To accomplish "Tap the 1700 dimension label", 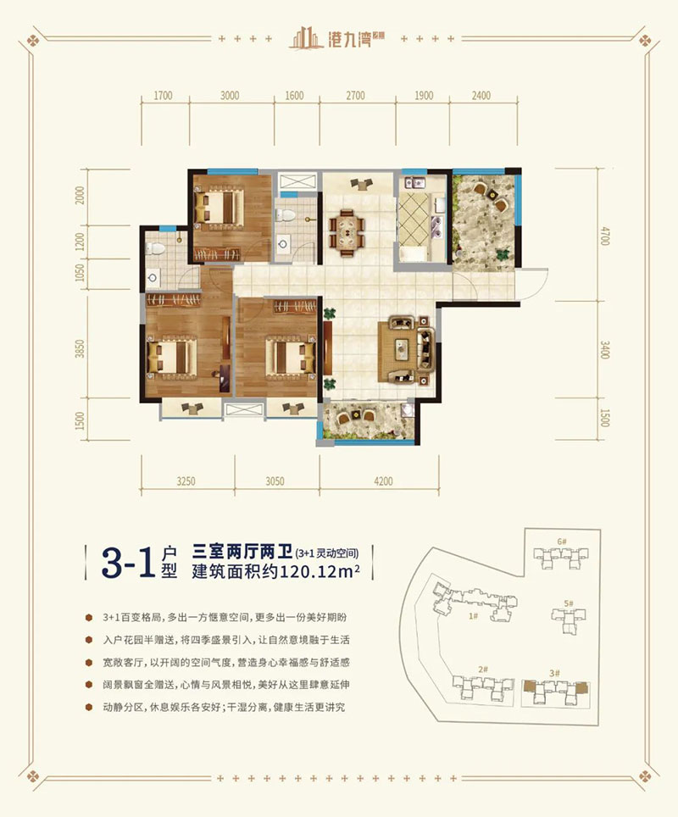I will point(164,96).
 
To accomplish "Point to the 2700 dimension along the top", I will point(355,96).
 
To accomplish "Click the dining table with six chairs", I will point(348,229).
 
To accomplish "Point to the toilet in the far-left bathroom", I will point(153,247).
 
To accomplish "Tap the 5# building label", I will point(570,603).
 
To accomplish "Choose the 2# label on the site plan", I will point(482,669).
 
